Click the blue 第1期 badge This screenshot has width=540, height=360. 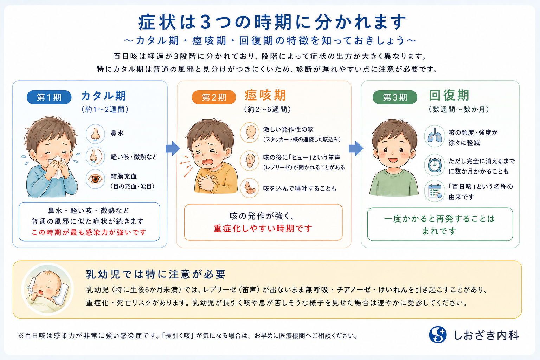49,97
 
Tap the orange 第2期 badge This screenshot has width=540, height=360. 214,97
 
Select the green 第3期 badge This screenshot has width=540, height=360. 395,97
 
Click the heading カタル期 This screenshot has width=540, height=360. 103,96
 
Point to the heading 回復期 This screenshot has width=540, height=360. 449,95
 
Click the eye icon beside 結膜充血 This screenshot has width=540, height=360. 96,179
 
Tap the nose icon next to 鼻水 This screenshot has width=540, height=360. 96,134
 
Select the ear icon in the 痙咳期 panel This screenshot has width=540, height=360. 250,161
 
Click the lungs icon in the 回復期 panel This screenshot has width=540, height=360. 435,136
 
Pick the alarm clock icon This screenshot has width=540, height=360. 435,165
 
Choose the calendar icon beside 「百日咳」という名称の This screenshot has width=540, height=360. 435,191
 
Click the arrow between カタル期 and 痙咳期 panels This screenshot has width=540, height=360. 173,148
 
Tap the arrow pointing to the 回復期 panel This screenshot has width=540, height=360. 356,148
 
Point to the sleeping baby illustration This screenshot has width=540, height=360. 47,289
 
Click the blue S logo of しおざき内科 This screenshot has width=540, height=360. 438,335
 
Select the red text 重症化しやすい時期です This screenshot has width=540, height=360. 263,228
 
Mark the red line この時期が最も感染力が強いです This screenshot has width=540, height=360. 89,232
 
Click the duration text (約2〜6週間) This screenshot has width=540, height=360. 267,109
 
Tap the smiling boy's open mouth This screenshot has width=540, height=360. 393,160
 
